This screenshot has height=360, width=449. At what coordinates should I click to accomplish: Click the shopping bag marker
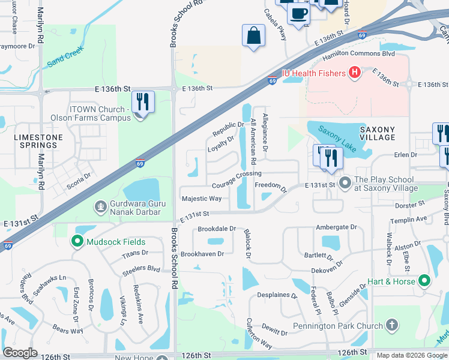coord(254,35)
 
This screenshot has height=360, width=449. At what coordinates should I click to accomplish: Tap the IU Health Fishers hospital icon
coord(354,73)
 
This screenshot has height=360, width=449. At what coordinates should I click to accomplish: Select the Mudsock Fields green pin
coord(77,242)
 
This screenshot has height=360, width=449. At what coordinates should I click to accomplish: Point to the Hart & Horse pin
coord(424,281)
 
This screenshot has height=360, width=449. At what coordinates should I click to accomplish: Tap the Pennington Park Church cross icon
coord(392,326)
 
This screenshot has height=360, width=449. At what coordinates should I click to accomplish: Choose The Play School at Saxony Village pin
coord(345,181)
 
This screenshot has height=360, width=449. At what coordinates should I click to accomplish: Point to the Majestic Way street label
coord(201,199)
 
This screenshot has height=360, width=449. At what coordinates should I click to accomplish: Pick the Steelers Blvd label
coord(141,270)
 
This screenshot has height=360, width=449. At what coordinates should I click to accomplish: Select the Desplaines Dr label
coord(277,296)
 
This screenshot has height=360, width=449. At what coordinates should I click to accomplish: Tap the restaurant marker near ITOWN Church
coord(143,101)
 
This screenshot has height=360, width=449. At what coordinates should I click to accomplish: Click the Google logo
coord(20,353)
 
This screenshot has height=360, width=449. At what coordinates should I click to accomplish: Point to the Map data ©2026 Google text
coord(412,355)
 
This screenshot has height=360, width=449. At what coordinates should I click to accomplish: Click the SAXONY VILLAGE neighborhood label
coord(377,133)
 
